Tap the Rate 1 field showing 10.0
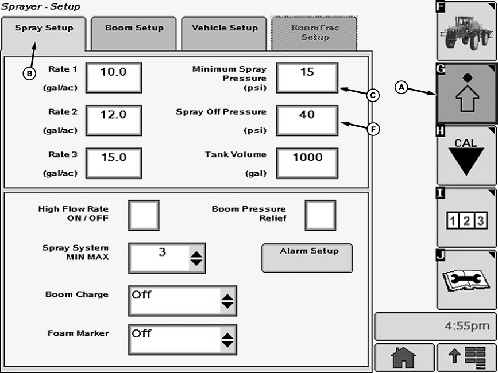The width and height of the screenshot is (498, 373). click(x=114, y=77)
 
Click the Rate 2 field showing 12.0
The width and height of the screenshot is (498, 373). click(x=114, y=121)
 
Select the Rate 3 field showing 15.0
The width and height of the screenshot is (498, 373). click(x=114, y=163)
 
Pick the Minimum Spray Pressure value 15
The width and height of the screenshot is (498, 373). click(x=307, y=77)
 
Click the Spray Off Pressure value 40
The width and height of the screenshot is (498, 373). click(x=307, y=121)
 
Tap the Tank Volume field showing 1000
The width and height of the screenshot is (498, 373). click(x=307, y=163)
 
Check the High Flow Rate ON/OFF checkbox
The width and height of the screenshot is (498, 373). click(x=143, y=215)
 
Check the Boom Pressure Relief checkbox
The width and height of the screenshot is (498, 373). click(x=320, y=215)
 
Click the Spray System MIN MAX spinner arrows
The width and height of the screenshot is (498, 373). click(x=196, y=258)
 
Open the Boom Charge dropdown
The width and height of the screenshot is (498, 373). click(x=228, y=301)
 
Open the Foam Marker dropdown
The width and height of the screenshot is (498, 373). click(x=228, y=339)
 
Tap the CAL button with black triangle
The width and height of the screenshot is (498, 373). click(x=466, y=155)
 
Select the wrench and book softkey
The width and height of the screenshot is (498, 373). click(x=466, y=279)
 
